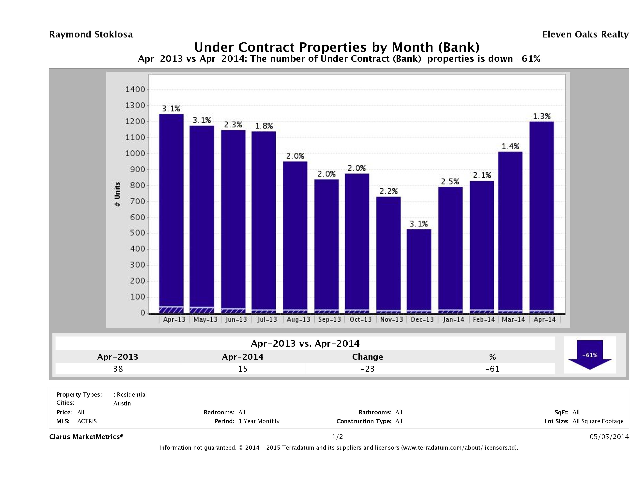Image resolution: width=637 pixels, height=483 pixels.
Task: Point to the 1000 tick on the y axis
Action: click(x=135, y=154)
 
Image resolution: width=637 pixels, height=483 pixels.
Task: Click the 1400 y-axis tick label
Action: click(x=135, y=90)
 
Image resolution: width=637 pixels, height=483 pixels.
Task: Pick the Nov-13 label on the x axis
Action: click(x=391, y=319)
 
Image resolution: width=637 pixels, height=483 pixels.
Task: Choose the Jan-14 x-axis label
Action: click(x=453, y=319)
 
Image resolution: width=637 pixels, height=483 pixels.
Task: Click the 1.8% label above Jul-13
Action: click(x=264, y=126)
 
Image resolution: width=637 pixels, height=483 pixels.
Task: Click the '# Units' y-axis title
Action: click(x=117, y=194)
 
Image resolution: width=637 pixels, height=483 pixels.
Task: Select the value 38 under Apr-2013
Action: click(x=118, y=369)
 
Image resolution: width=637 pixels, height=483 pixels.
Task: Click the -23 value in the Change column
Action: click(x=368, y=369)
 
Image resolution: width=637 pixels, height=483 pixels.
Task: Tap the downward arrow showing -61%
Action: click(x=589, y=355)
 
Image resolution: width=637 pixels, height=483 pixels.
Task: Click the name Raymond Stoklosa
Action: click(x=91, y=35)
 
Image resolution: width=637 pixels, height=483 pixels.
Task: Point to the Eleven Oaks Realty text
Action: click(x=585, y=35)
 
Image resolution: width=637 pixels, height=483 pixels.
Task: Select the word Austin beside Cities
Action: click(x=122, y=403)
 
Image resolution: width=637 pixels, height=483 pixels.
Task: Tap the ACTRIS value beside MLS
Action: click(x=87, y=421)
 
